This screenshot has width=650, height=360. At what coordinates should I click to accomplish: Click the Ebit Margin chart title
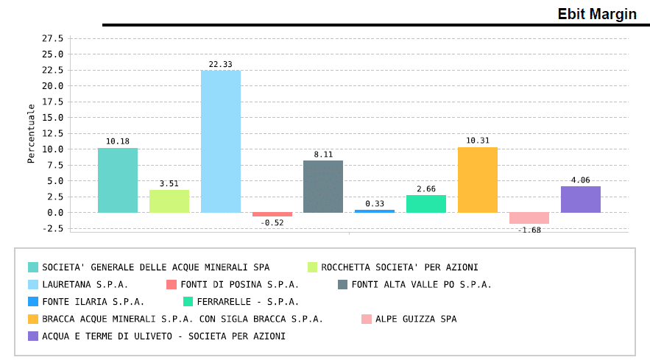(x=596, y=14)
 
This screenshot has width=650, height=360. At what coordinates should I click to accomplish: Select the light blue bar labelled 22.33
(x=220, y=141)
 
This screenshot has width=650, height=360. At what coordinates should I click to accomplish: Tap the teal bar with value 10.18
(x=118, y=180)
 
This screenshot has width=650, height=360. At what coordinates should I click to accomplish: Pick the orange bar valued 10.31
(x=477, y=180)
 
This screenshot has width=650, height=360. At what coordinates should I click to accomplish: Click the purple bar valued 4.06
(x=580, y=200)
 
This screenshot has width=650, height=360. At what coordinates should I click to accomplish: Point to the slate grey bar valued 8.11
(x=323, y=186)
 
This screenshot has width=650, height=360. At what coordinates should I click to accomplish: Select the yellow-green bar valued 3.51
(x=169, y=201)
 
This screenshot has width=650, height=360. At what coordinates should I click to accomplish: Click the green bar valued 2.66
(x=425, y=204)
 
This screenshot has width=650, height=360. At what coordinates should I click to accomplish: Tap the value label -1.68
(x=529, y=230)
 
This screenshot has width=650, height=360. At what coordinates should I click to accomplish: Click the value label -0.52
(x=272, y=222)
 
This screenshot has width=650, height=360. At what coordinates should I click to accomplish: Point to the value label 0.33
(x=375, y=204)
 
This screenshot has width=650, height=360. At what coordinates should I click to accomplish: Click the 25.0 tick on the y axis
(x=52, y=54)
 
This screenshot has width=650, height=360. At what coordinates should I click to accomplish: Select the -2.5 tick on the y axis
(x=52, y=228)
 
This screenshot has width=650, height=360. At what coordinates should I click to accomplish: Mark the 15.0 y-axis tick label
(x=52, y=118)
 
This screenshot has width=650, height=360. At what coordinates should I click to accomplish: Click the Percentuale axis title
(x=32, y=133)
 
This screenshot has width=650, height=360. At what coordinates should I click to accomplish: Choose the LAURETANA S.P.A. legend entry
(x=85, y=284)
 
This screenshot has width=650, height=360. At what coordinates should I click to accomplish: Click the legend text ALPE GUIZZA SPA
(x=416, y=319)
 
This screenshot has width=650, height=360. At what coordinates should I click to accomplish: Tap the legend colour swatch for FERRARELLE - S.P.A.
(x=188, y=301)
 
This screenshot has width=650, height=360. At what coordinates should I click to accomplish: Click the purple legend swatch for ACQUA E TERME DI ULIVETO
(x=33, y=336)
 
